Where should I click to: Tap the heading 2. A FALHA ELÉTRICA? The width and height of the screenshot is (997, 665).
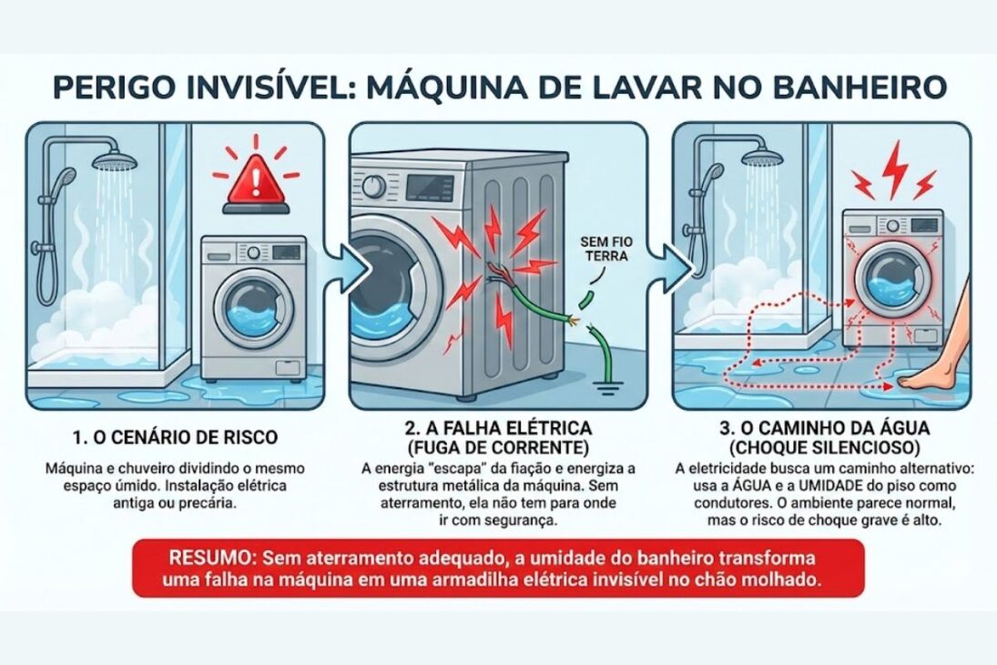click(497, 427)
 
